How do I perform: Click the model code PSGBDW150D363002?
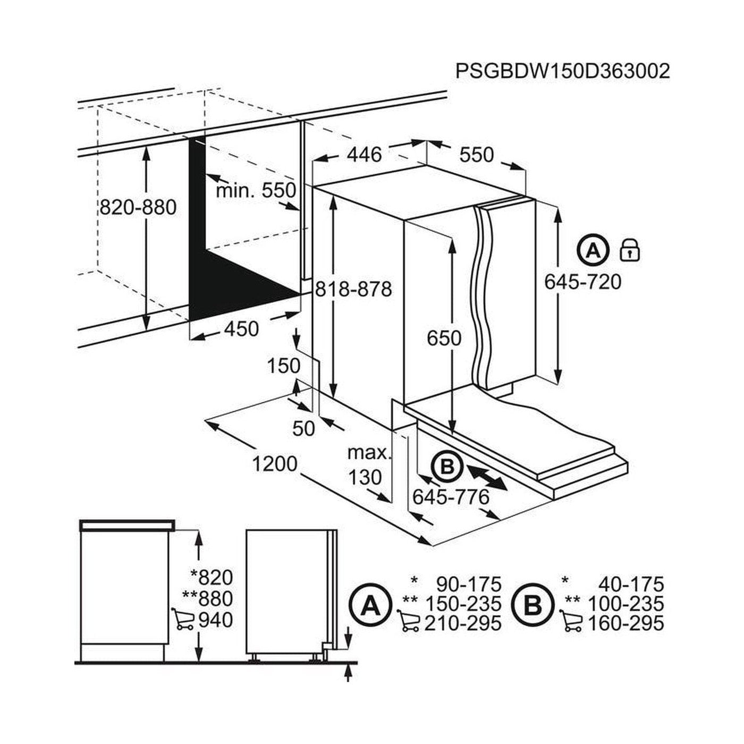tap(563, 71)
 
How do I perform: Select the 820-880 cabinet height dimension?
tap(138, 207)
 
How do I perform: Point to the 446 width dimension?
tap(365, 154)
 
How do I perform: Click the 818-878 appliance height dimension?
tap(353, 289)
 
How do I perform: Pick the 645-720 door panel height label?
tap(582, 282)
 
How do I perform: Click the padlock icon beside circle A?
tap(630, 249)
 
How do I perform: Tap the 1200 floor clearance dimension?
tap(274, 464)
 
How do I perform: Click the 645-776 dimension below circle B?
tap(451, 497)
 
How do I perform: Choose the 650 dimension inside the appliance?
tap(444, 337)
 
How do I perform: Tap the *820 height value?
tap(212, 577)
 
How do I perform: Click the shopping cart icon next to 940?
tap(182, 619)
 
